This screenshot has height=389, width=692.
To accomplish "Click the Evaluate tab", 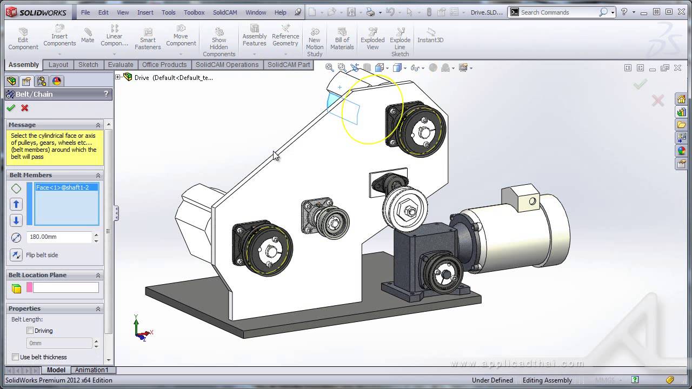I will (120, 64).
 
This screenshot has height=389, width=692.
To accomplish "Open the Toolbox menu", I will (194, 12).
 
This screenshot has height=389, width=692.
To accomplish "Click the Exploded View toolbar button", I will (372, 39).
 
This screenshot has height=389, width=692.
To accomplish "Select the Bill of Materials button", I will (342, 39).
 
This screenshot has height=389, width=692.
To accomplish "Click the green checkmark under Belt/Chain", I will (11, 108).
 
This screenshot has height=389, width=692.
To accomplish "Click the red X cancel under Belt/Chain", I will (25, 108).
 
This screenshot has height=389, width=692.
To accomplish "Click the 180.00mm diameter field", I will (59, 237).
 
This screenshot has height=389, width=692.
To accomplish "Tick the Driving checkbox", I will (30, 331).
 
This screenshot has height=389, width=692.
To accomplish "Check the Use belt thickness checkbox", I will (15, 357).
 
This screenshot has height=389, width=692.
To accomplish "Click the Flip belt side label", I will (42, 255).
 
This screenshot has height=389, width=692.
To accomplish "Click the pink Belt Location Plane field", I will (65, 288).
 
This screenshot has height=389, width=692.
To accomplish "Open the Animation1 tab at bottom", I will (91, 370).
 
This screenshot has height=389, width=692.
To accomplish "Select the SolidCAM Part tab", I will (289, 64).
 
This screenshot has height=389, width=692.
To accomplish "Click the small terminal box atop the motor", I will (521, 198).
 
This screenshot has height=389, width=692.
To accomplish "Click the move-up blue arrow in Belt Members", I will (16, 204).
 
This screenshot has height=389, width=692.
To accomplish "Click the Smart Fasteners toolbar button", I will (148, 39).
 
